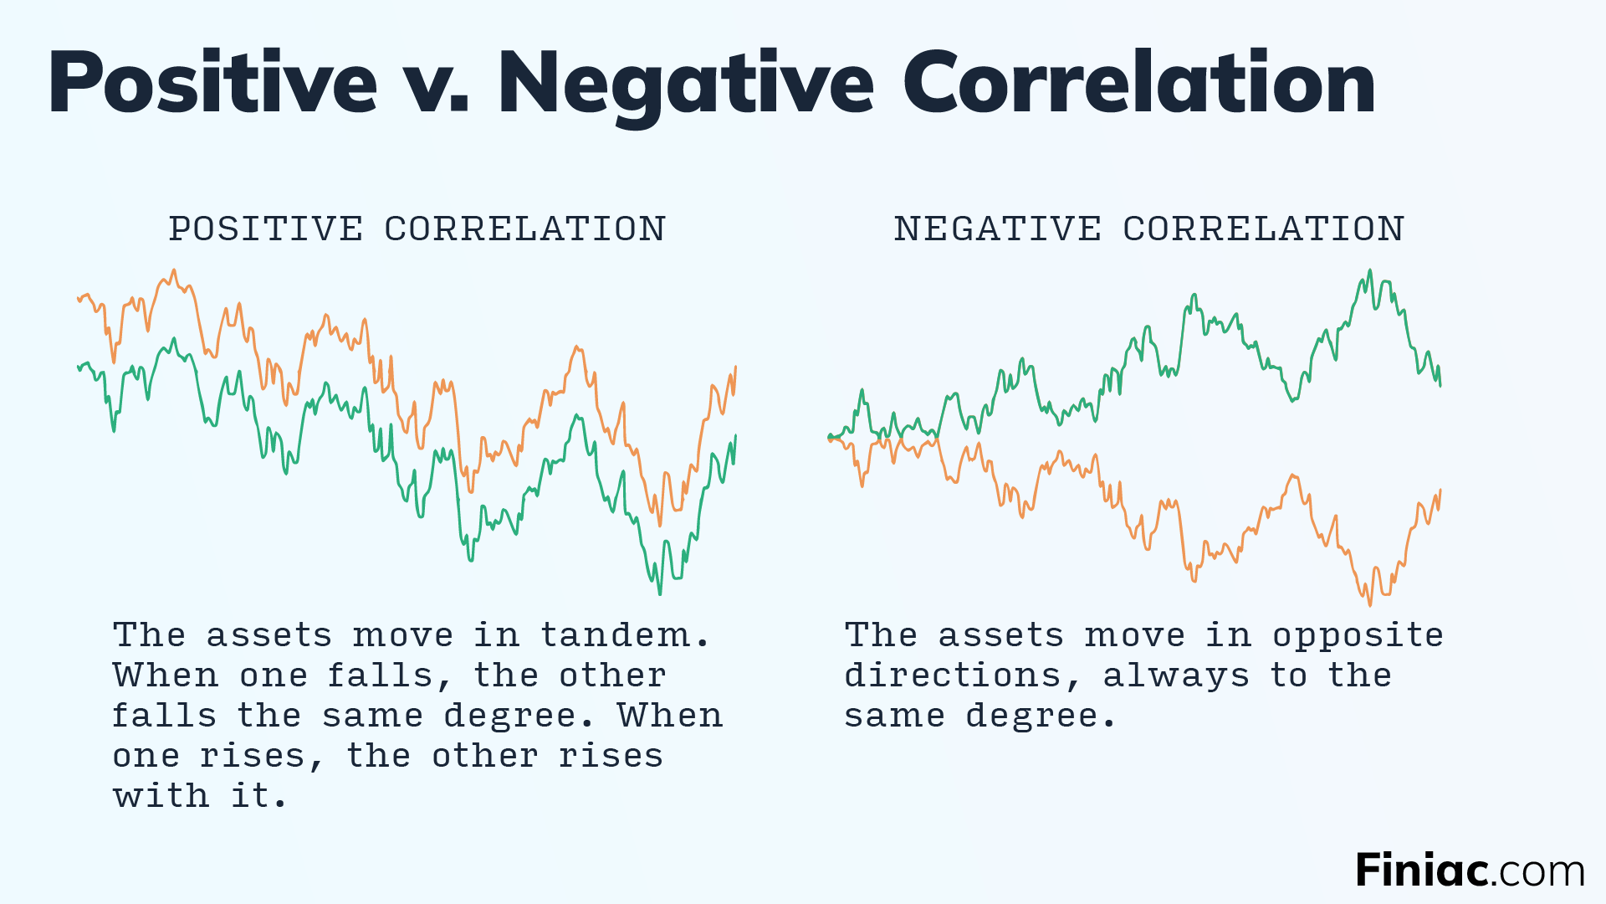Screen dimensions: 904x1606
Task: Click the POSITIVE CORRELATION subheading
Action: pyautogui.click(x=417, y=229)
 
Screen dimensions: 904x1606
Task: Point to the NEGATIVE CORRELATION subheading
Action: pyautogui.click(x=1148, y=229)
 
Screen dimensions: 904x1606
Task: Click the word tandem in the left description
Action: pyautogui.click(x=615, y=634)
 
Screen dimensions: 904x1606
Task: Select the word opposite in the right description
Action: pyautogui.click(x=1358, y=636)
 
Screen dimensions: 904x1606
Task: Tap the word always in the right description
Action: pyautogui.click(x=1176, y=675)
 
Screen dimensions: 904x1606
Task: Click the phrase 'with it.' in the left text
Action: pyautogui.click(x=199, y=796)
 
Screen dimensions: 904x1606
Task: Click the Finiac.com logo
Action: pyautogui.click(x=1470, y=871)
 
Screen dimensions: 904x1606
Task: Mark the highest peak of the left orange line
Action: pyautogui.click(x=174, y=270)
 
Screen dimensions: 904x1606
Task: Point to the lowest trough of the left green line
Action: pyautogui.click(x=660, y=593)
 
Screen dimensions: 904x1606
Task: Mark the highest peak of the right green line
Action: pyautogui.click(x=1370, y=270)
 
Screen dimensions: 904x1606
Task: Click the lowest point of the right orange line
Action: pyautogui.click(x=1369, y=604)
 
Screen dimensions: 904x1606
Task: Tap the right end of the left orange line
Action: pyautogui.click(x=735, y=367)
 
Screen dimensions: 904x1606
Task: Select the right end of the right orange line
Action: pyautogui.click(x=1440, y=491)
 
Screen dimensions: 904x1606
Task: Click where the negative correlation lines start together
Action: pyautogui.click(x=830, y=437)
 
